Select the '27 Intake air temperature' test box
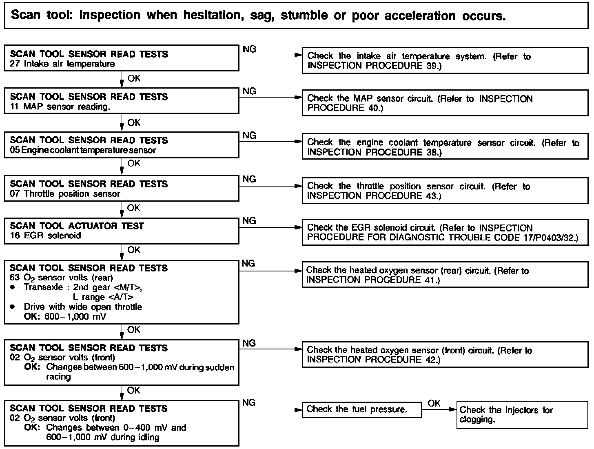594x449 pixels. click(x=121, y=59)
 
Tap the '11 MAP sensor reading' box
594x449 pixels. click(x=121, y=102)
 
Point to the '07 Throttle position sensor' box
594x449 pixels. click(x=121, y=189)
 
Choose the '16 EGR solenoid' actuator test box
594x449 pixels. click(x=121, y=231)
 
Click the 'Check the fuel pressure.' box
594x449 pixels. click(x=361, y=409)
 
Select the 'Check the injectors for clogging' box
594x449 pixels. click(x=522, y=415)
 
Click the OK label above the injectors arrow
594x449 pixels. click(x=434, y=403)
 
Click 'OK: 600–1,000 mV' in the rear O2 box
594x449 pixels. click(x=65, y=317)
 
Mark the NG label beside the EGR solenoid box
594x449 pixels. click(x=249, y=221)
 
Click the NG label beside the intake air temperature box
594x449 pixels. click(x=249, y=49)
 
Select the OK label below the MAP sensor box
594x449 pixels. click(x=134, y=122)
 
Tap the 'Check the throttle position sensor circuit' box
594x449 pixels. click(x=445, y=191)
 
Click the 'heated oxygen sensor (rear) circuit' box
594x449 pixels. click(x=445, y=275)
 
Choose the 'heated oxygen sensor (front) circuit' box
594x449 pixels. click(x=445, y=355)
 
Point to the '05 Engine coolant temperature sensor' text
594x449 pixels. click(x=83, y=150)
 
